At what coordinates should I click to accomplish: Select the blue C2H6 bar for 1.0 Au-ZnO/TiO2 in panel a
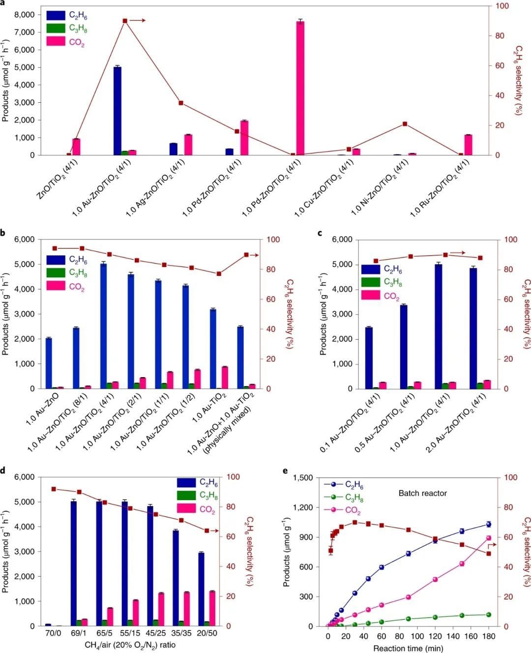(x=118, y=111)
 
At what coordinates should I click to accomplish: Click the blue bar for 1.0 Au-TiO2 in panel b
(x=213, y=349)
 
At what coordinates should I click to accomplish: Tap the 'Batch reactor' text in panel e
(x=422, y=493)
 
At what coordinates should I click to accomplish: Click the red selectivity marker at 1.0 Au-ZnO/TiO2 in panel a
(x=125, y=21)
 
